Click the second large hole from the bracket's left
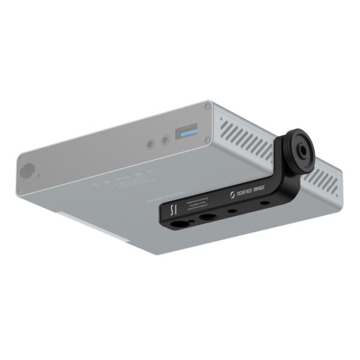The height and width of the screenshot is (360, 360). tap(208, 217)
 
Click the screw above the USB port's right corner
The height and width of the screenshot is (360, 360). tap(207, 106)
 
